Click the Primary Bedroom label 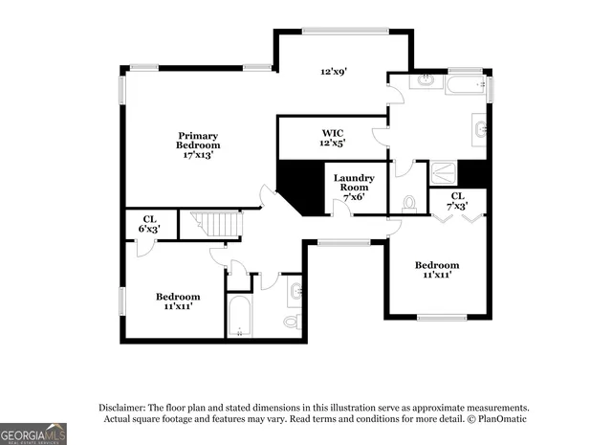(198, 140)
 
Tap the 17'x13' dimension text (198, 155)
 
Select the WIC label (332, 132)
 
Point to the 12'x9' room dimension (332, 71)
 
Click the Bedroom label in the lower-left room (178, 301)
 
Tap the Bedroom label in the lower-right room (436, 270)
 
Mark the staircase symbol (218, 226)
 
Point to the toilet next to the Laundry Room (409, 204)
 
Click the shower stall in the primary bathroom (443, 173)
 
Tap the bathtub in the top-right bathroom (466, 84)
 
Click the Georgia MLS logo (33, 434)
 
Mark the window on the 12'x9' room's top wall (344, 32)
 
